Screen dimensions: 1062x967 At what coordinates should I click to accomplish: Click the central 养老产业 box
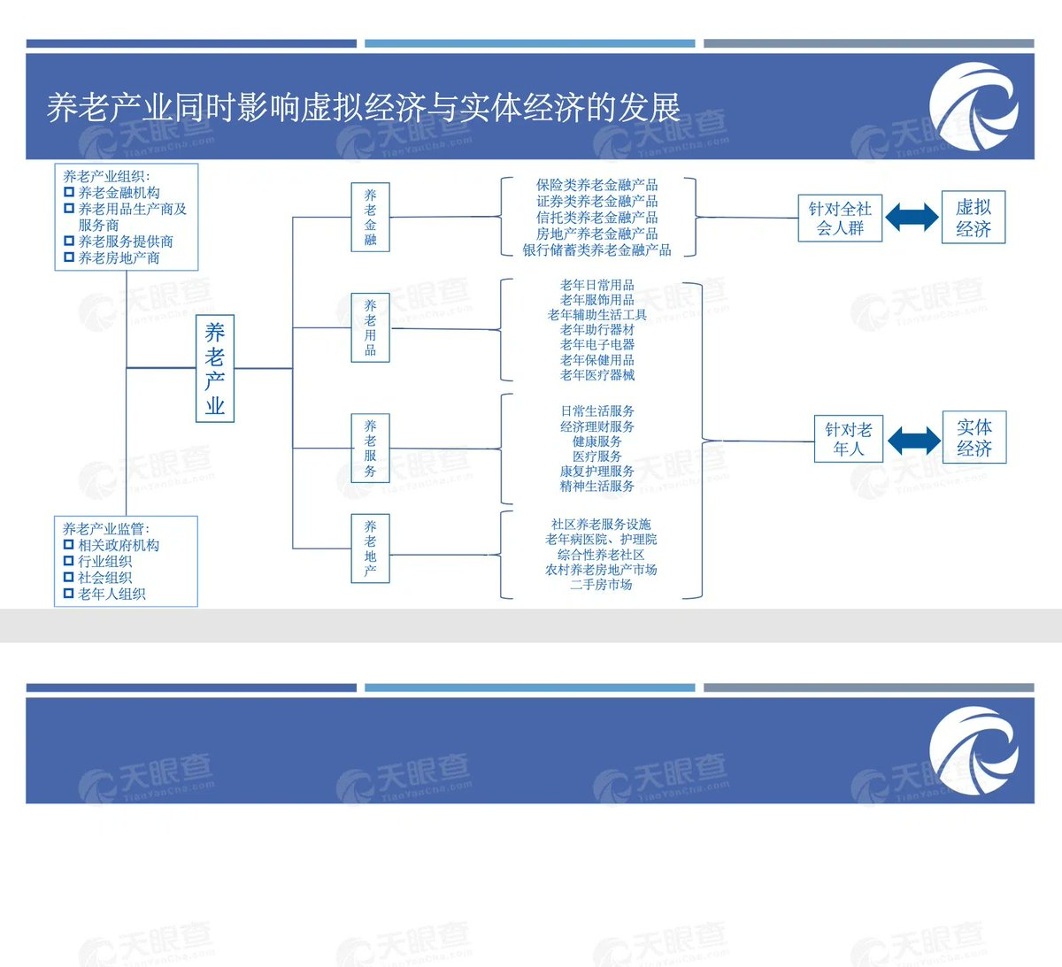click(x=215, y=368)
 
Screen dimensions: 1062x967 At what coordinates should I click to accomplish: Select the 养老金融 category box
click(x=371, y=217)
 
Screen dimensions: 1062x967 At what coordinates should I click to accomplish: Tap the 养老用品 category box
click(x=371, y=327)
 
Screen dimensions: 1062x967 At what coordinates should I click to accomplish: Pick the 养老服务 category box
click(x=371, y=449)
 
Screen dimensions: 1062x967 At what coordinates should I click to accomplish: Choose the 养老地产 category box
click(x=371, y=549)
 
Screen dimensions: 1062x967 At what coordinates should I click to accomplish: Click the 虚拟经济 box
click(x=973, y=217)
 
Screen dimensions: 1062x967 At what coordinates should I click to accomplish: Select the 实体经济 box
click(x=974, y=437)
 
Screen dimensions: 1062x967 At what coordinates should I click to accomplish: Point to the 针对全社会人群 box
click(x=840, y=218)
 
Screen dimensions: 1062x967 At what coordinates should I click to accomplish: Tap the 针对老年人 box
click(x=849, y=439)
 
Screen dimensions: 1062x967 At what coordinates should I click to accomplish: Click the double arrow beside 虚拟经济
click(x=912, y=217)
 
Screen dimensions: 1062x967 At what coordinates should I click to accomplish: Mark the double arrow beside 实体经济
click(x=914, y=441)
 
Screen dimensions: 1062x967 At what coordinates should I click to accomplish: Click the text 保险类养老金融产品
click(x=596, y=185)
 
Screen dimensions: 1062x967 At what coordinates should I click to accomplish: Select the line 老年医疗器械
click(x=597, y=375)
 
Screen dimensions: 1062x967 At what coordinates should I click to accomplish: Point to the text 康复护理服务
click(x=597, y=471)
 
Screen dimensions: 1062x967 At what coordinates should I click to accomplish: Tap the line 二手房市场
click(x=601, y=584)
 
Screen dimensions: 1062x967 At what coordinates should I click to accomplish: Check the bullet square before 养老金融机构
click(x=69, y=192)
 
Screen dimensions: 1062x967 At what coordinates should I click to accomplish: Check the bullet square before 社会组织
click(x=68, y=577)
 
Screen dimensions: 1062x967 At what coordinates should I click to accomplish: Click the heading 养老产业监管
click(x=104, y=529)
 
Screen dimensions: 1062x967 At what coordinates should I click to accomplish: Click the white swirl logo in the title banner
click(x=974, y=107)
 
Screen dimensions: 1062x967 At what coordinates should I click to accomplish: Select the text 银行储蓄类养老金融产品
click(x=596, y=249)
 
